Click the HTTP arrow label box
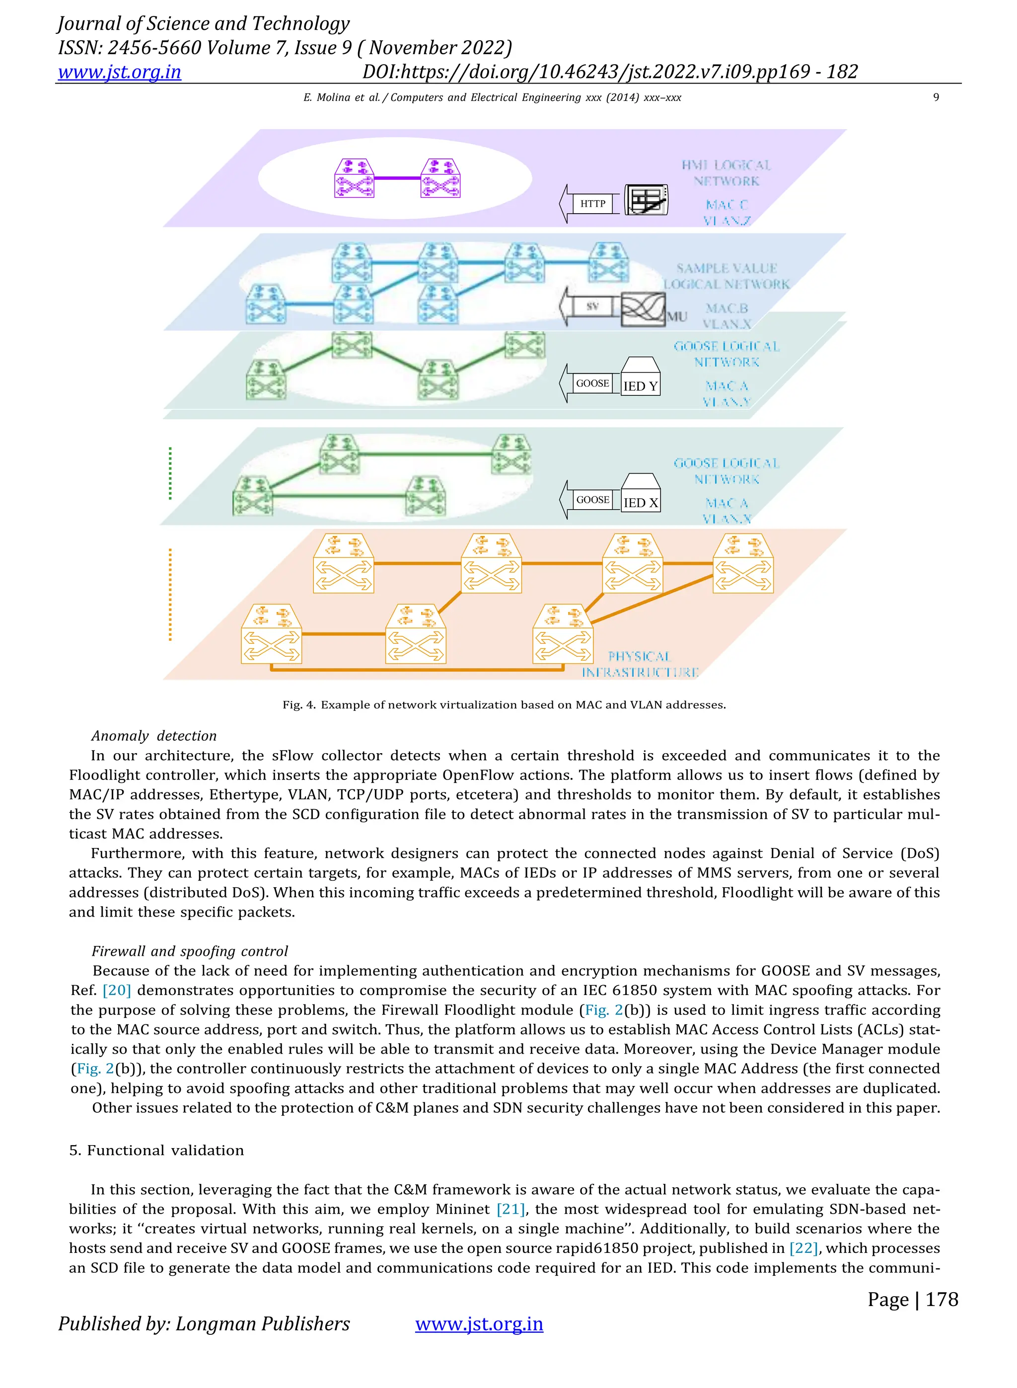[x=592, y=204]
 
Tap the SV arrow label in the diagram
[x=592, y=306]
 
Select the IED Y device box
[x=640, y=377]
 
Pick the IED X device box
[x=640, y=493]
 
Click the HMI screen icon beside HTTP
[x=646, y=200]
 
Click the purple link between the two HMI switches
[x=397, y=178]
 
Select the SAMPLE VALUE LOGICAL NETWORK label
[x=726, y=276]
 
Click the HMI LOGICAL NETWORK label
[x=726, y=173]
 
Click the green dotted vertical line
[x=170, y=473]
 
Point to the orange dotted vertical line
[x=170, y=594]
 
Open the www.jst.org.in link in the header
[x=120, y=72]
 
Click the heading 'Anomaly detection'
[x=154, y=736]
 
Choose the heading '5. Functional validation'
[x=156, y=1151]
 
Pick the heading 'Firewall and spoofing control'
[x=190, y=951]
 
